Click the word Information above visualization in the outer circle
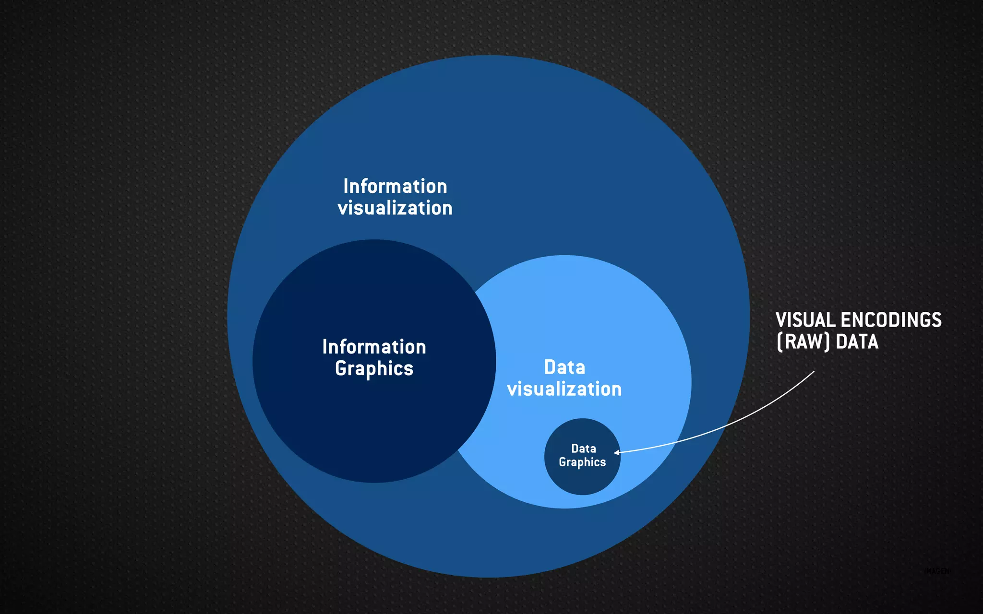tap(395, 186)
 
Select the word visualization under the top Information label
tap(395, 208)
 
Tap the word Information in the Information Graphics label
tap(374, 347)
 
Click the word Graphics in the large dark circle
tap(374, 368)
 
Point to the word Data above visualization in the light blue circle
tap(564, 367)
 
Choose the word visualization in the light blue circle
tap(564, 389)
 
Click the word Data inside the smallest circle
tap(584, 449)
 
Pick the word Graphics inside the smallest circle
tap(582, 462)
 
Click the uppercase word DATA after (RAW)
tap(857, 342)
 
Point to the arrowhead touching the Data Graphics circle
tap(617, 452)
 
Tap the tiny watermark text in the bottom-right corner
tap(937, 571)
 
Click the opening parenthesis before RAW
tap(779, 342)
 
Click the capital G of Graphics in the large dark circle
tap(341, 368)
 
